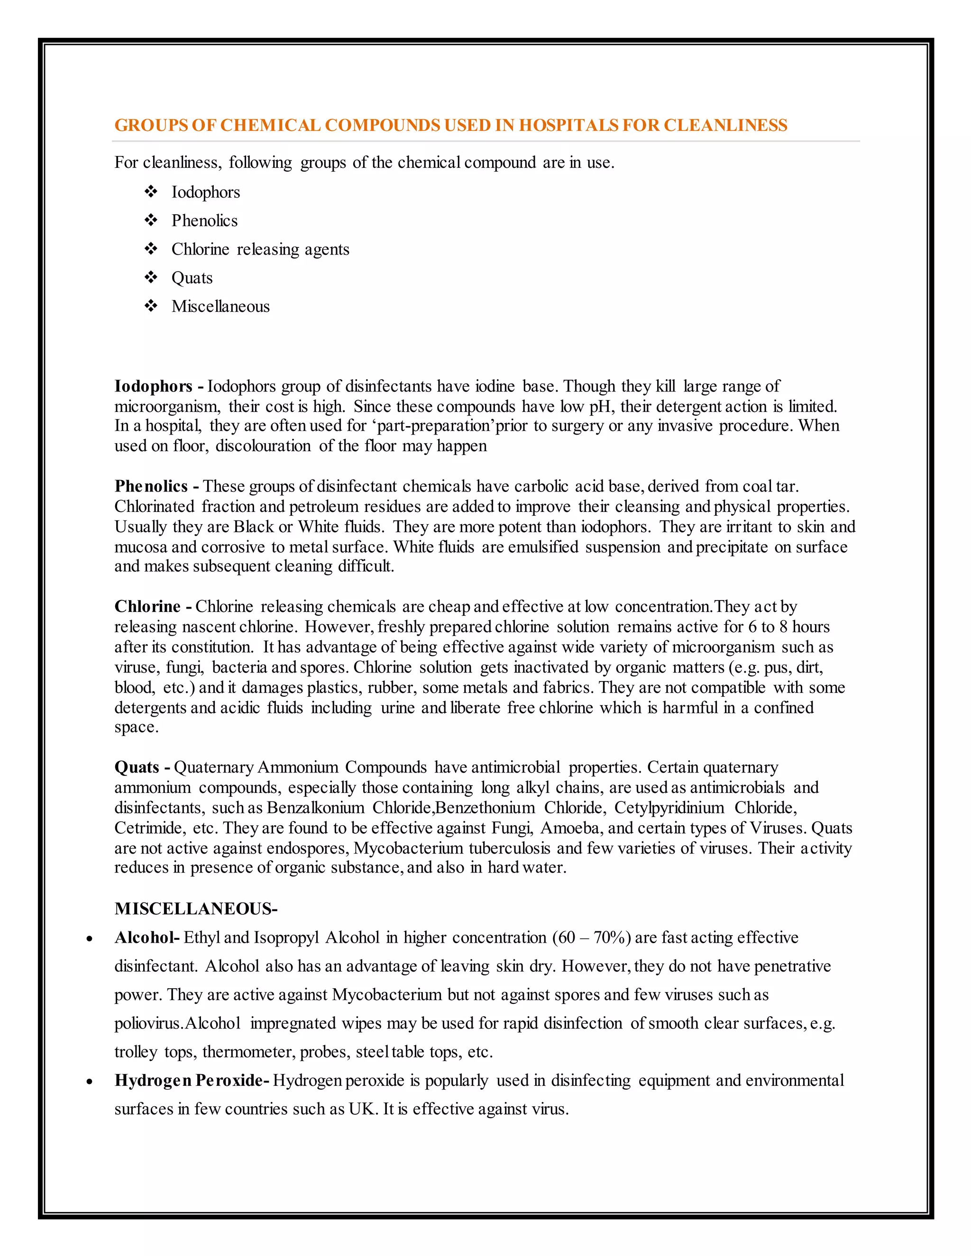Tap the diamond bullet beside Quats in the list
coord(151,278)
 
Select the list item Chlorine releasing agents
coord(260,250)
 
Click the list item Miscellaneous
coord(220,307)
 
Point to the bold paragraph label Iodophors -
coord(159,386)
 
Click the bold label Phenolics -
coord(156,487)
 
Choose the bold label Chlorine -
coord(153,607)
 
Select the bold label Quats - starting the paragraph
coord(142,767)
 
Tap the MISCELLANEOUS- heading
coord(196,909)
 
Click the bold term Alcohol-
coord(147,938)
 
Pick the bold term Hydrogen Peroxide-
coord(192,1081)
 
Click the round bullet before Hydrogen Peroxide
coord(89,1082)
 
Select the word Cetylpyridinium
coord(669,808)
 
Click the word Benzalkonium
coord(315,808)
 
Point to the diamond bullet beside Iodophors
coord(151,192)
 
